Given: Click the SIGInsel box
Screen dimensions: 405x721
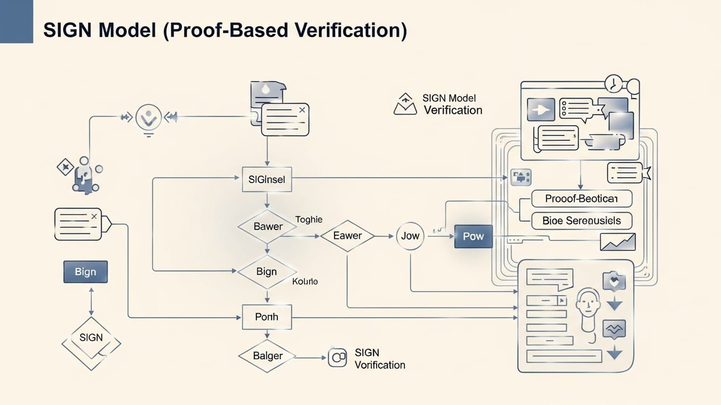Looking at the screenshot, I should [x=266, y=179].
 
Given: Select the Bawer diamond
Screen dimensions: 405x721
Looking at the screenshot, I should [x=268, y=227].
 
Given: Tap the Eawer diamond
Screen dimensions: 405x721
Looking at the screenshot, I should [x=347, y=236].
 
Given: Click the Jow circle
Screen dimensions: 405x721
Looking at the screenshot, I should [x=410, y=236].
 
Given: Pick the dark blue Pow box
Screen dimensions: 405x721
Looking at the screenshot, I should [x=473, y=236].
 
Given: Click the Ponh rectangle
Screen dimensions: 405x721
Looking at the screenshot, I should [x=266, y=317].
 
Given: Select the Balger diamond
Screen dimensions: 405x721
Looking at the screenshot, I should [x=267, y=356].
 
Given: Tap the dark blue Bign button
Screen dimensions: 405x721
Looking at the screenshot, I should [x=85, y=272].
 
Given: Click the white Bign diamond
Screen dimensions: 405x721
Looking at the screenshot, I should [x=267, y=272].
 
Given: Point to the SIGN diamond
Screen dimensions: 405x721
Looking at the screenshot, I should [x=91, y=338].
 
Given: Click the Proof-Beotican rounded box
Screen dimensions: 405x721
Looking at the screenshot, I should [x=581, y=199].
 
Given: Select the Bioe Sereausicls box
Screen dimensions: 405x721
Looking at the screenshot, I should [x=581, y=221].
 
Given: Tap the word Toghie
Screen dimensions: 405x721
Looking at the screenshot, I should [x=309, y=219].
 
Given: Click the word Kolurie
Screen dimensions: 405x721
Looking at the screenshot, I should [x=305, y=282].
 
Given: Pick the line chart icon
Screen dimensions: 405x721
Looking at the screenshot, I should [x=618, y=242].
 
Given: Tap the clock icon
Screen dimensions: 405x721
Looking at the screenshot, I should [x=613, y=83].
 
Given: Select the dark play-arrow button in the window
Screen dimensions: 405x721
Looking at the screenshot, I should [x=541, y=110].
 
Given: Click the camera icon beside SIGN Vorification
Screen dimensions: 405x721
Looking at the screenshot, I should [x=338, y=358].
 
